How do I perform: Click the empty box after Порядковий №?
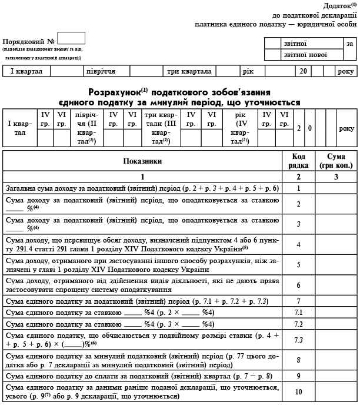(x=71, y=38)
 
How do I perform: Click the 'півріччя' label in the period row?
(x=99, y=71)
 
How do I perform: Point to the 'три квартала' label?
(x=189, y=71)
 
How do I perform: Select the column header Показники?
(x=142, y=161)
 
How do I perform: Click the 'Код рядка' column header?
(x=298, y=161)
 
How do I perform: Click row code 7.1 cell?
(x=298, y=313)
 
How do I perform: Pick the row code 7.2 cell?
(x=298, y=324)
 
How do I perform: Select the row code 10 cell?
(x=298, y=391)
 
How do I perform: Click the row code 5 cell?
(x=298, y=265)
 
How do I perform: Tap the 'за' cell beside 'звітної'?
(x=349, y=44)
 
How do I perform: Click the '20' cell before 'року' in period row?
(x=303, y=71)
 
